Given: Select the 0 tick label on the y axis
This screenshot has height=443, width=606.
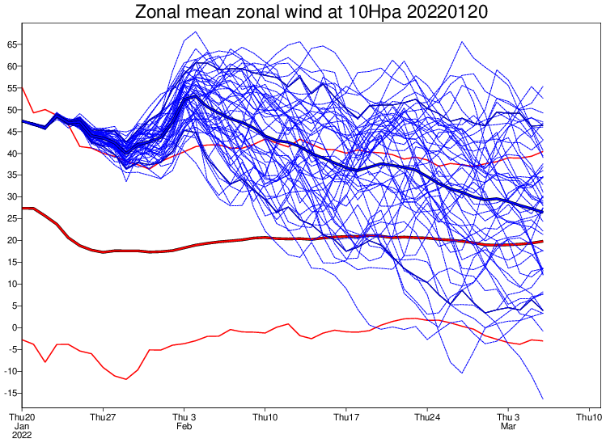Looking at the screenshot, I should (13, 327).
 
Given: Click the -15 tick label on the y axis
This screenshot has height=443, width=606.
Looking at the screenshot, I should (9, 393).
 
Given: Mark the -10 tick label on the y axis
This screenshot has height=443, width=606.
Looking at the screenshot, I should (9, 371).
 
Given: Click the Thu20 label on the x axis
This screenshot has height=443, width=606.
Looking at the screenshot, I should (22, 417).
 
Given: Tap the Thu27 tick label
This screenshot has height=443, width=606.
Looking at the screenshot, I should (103, 417).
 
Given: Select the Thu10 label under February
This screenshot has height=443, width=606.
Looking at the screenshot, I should (265, 417).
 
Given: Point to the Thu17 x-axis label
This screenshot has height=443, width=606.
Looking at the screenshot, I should (345, 417).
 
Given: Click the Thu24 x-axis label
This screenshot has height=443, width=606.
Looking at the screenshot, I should (426, 417).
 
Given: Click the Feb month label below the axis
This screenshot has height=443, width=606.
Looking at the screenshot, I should (184, 426).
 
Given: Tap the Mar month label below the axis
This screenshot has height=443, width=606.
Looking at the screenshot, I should (507, 426).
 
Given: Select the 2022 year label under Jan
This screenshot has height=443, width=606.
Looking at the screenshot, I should (22, 435).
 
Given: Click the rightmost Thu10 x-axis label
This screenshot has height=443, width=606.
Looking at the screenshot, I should (588, 417).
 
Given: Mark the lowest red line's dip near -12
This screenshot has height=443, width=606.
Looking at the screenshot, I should (126, 379).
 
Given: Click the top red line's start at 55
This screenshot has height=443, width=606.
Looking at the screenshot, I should (23, 86).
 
